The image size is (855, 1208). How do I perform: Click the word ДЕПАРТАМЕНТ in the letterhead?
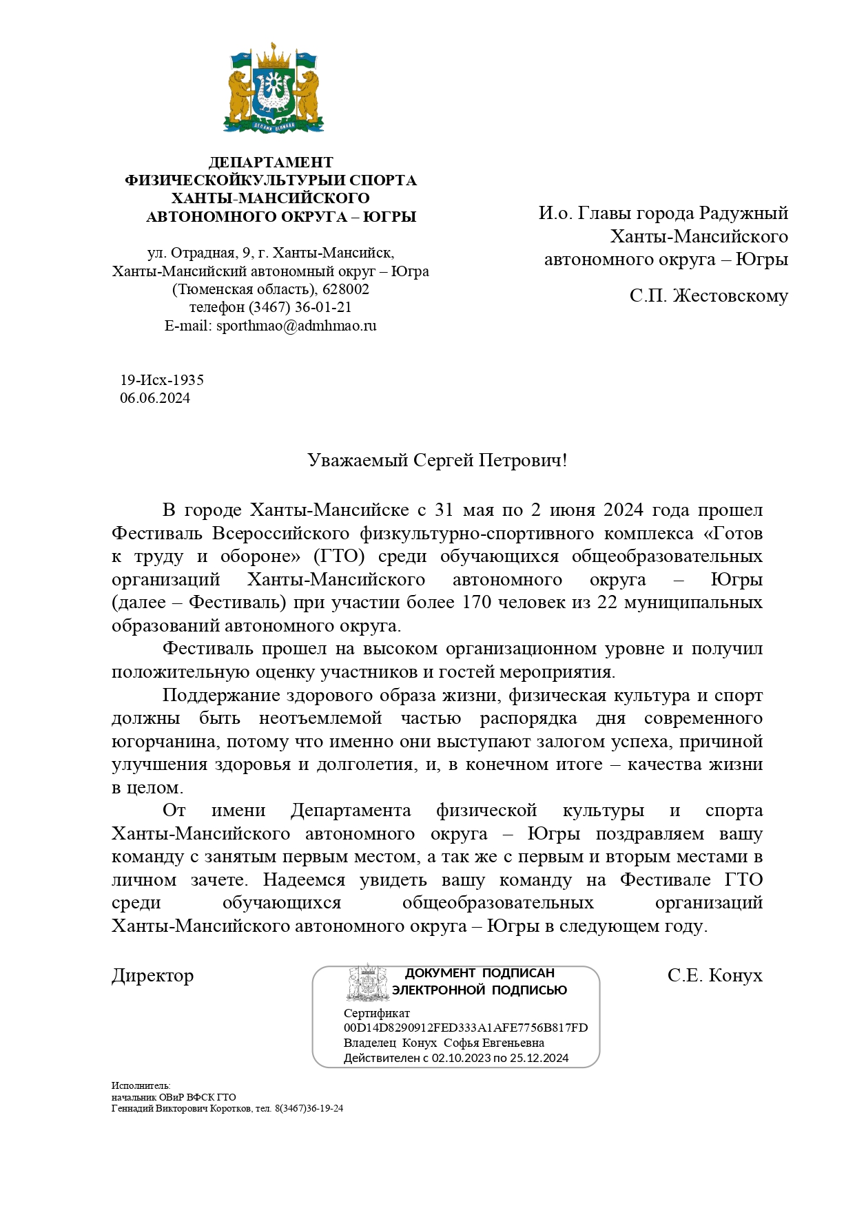271,163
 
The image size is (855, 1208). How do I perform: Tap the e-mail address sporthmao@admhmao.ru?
296,326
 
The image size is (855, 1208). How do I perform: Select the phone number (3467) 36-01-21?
300,307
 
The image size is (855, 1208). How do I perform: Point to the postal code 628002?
346,289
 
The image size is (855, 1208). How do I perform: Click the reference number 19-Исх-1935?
162,380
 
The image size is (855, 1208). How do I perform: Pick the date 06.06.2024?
155,398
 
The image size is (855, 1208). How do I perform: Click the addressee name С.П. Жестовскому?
708,296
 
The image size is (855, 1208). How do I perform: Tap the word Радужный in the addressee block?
743,214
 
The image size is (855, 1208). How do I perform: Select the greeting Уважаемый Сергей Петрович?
437,460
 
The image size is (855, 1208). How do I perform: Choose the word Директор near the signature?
153,976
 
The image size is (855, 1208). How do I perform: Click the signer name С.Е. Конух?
714,976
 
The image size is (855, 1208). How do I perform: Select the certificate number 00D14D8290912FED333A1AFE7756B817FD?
466,1028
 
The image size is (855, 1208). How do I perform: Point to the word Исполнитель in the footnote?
141,1086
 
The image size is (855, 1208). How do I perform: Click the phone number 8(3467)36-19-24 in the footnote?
309,1108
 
